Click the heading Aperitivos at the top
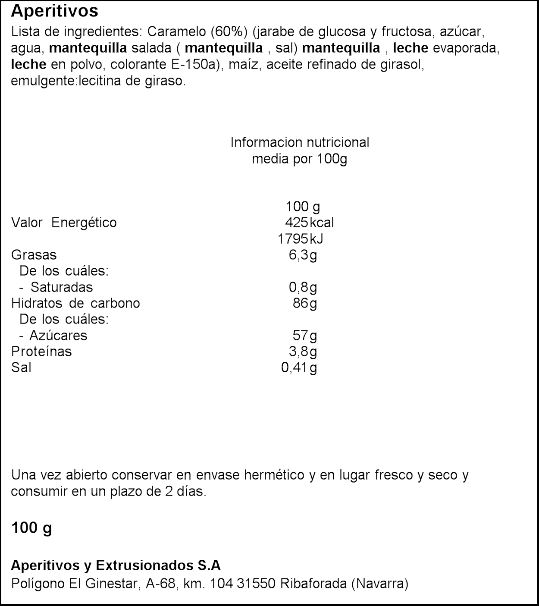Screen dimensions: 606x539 [x=54, y=11]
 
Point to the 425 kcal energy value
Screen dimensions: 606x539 [x=309, y=223]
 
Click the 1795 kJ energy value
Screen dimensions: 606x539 [x=300, y=239]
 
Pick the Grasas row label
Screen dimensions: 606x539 [x=34, y=254]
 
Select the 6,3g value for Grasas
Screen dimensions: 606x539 [x=303, y=255]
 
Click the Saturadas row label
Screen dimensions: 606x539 [x=62, y=287]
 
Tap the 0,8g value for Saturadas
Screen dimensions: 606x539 [x=303, y=287]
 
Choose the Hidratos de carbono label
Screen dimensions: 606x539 [x=75, y=303]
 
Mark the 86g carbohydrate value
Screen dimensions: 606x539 [x=304, y=303]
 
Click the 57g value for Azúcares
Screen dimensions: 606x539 [x=304, y=335]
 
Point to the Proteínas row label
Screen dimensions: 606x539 [x=41, y=352]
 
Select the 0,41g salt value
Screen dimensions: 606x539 [x=299, y=367]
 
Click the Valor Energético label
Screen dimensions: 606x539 [x=64, y=223]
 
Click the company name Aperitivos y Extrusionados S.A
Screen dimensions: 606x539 [x=116, y=565]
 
